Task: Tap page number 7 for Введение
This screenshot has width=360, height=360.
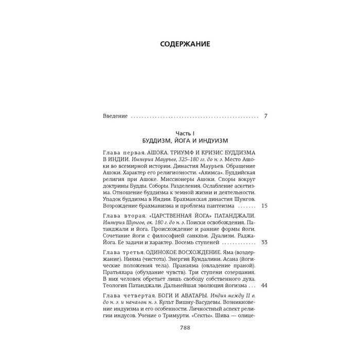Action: (265, 116)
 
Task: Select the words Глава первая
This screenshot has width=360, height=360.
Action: (120, 154)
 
